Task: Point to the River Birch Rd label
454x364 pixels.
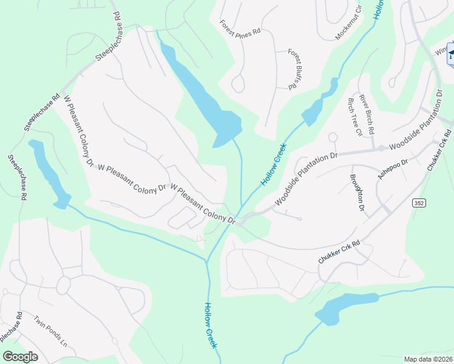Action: coord(367,114)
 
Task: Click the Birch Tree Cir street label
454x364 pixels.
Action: coord(354,118)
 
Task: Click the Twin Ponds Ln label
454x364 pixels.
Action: coord(50,331)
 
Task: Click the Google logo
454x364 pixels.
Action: coord(20,356)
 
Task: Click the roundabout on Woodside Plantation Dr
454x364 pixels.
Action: coord(381,148)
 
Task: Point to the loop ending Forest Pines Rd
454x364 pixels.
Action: coord(238,84)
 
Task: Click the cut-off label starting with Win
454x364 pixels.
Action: coord(439,53)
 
